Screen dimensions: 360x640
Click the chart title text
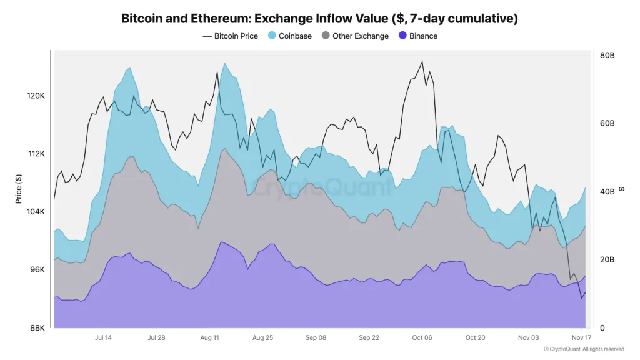pyautogui.click(x=319, y=18)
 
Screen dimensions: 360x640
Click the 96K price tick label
pyautogui.click(x=36, y=270)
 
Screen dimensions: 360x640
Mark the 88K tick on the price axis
pyautogui.click(x=36, y=328)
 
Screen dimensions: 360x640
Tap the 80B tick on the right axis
pyautogui.click(x=607, y=56)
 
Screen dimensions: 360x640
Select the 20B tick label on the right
pyautogui.click(x=607, y=260)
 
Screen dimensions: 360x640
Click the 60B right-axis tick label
pyautogui.click(x=607, y=124)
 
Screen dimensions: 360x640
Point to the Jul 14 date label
pyautogui.click(x=103, y=337)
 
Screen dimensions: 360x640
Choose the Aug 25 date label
pyautogui.click(x=262, y=337)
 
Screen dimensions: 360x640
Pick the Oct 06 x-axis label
pyautogui.click(x=422, y=337)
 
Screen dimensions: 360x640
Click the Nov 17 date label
pyautogui.click(x=581, y=337)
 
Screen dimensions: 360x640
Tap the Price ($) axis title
pyautogui.click(x=19, y=189)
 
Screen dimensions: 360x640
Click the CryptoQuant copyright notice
pyautogui.click(x=584, y=349)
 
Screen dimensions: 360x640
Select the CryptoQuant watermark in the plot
pyautogui.click(x=319, y=186)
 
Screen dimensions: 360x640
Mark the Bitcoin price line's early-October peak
pyautogui.click(x=422, y=61)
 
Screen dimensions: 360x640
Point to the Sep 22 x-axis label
pyautogui.click(x=369, y=337)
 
